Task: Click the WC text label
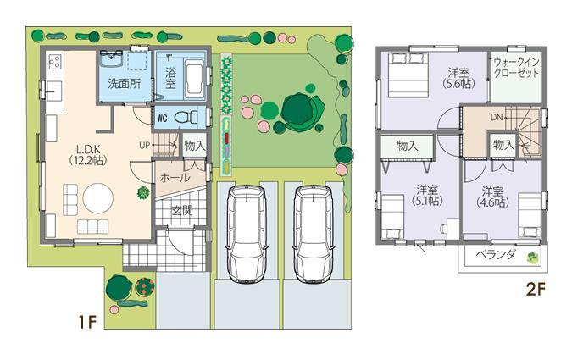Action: pos(162,118)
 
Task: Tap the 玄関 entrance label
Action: pos(181,210)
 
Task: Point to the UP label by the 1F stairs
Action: pos(146,145)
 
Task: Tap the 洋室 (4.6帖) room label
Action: pos(493,196)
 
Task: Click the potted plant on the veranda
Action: pos(531,258)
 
